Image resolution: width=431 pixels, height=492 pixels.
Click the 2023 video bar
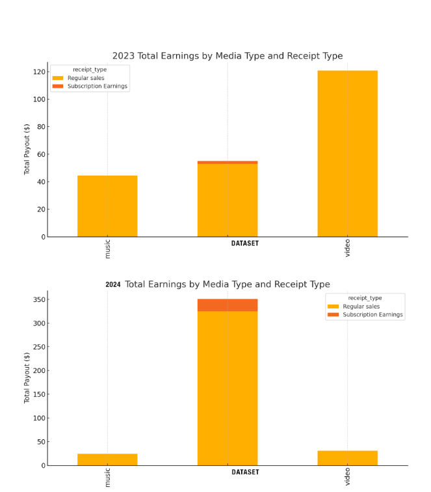pos(347,154)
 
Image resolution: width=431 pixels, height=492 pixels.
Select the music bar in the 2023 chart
pos(107,206)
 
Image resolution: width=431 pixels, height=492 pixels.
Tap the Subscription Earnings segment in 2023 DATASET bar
pos(228,162)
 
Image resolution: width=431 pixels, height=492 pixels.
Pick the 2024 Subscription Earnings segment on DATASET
pos(228,305)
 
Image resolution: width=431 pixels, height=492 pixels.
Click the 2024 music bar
pos(107,459)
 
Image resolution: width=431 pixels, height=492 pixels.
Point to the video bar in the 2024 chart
pos(347,458)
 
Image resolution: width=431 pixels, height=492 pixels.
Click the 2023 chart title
pos(228,56)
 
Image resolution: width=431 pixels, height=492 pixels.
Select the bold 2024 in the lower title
pos(113,285)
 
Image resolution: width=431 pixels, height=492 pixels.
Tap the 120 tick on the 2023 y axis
pos(40,72)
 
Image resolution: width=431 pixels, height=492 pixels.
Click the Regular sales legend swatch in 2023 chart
pos(59,78)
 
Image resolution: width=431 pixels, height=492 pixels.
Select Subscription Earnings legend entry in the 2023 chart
pos(98,87)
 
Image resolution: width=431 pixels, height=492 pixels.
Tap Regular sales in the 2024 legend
pos(361,307)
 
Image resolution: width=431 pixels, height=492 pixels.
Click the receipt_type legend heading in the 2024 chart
pos(365,298)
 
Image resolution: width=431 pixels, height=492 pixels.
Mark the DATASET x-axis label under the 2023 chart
pos(245,244)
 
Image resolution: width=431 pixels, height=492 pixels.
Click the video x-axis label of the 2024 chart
pos(347,476)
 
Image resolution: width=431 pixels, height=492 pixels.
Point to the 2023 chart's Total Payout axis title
pos(27,150)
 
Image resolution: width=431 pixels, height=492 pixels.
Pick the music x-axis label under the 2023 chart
pos(108,249)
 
